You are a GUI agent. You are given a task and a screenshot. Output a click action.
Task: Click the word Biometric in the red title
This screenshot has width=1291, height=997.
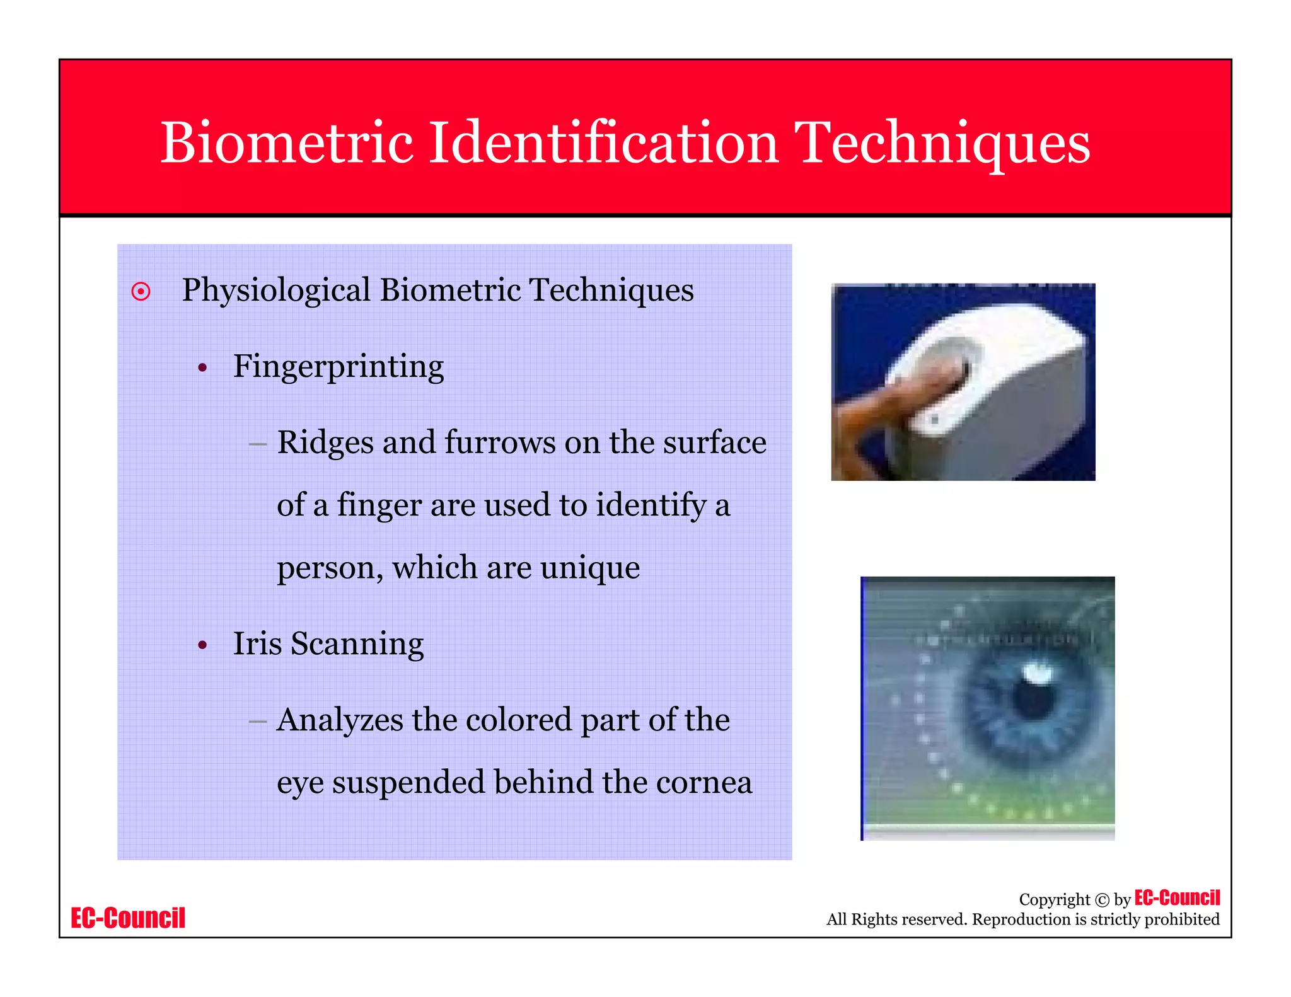[x=287, y=143]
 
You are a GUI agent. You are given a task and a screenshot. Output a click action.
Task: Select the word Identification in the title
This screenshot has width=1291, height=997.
[x=603, y=143]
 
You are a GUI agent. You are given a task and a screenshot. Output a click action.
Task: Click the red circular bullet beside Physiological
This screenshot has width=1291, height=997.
[x=141, y=292]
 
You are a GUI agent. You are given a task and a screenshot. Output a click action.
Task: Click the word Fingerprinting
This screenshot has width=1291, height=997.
[x=339, y=367]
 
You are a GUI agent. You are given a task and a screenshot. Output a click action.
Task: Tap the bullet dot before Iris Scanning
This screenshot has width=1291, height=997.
[x=202, y=645]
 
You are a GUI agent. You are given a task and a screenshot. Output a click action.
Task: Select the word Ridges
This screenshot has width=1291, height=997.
[x=325, y=442]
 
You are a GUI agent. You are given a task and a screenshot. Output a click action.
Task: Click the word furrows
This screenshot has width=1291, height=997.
[x=500, y=442]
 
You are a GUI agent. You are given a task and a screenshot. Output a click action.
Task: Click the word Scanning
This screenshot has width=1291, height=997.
[x=357, y=644]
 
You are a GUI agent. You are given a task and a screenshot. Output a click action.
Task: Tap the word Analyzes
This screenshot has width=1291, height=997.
[x=340, y=720]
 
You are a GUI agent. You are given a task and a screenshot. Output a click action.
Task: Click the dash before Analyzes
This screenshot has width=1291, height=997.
[x=257, y=720]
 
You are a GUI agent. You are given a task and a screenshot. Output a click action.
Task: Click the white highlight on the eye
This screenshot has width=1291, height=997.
[x=1036, y=673]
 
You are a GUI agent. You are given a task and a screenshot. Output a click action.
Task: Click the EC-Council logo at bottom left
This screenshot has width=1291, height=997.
[x=128, y=918]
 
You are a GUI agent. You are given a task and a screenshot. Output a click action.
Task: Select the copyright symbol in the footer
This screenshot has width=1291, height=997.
[x=1102, y=900]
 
